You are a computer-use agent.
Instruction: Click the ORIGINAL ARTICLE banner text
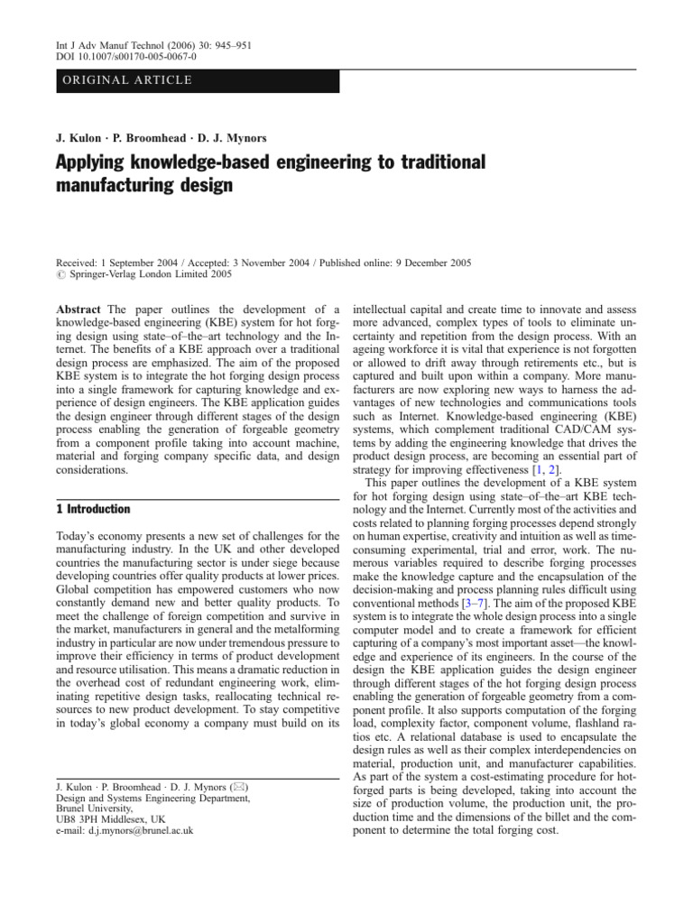(126, 80)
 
